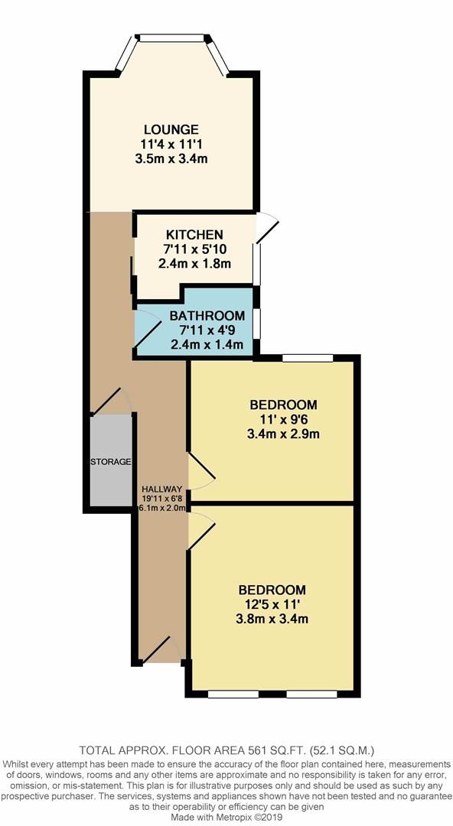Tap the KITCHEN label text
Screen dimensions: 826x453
tap(194, 235)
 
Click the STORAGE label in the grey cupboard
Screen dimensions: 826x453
tap(112, 462)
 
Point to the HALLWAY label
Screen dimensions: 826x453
tap(161, 489)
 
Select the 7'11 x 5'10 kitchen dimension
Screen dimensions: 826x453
tap(194, 249)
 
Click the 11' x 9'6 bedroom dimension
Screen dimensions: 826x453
tap(272, 420)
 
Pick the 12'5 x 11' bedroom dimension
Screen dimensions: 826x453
tap(272, 604)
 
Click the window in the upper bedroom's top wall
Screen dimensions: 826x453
tap(308, 357)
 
